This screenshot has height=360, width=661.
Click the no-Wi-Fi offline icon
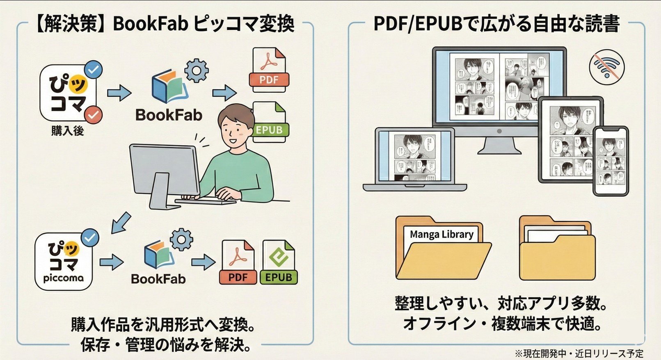pyautogui.click(x=606, y=67)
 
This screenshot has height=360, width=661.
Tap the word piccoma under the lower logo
pyautogui.click(x=63, y=278)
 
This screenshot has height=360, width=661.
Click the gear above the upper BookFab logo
pyautogui.click(x=197, y=71)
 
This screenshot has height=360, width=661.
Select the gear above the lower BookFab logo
pyautogui.click(x=181, y=239)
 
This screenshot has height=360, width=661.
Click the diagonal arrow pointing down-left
pyautogui.click(x=121, y=223)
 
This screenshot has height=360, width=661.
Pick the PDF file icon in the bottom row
pyautogui.click(x=238, y=262)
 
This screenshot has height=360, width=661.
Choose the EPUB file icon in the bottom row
pyautogui.click(x=279, y=262)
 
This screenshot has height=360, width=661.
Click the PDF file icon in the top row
pyautogui.click(x=269, y=70)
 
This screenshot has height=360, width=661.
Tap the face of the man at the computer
pyautogui.click(x=235, y=130)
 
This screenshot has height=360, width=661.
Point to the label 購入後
pyautogui.click(x=67, y=131)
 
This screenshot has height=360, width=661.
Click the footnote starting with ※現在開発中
pyautogui.click(x=579, y=353)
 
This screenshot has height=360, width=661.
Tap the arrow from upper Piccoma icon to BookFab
pyautogui.click(x=119, y=93)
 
